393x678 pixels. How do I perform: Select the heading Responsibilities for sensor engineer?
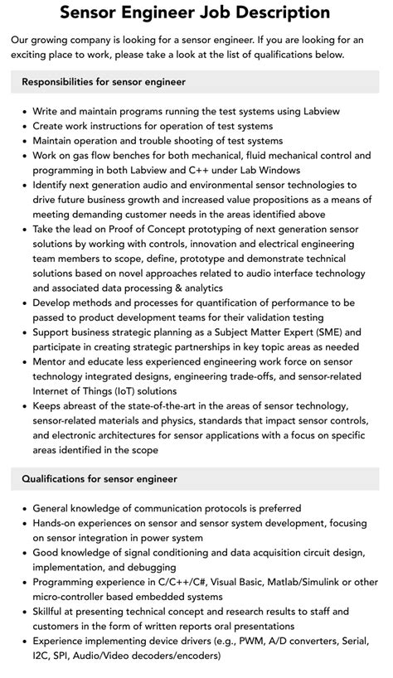pyautogui.click(x=104, y=82)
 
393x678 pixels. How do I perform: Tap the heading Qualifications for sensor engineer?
pyautogui.click(x=99, y=479)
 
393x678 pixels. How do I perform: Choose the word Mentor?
pyautogui.click(x=51, y=362)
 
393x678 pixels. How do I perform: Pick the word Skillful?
pyautogui.click(x=53, y=612)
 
